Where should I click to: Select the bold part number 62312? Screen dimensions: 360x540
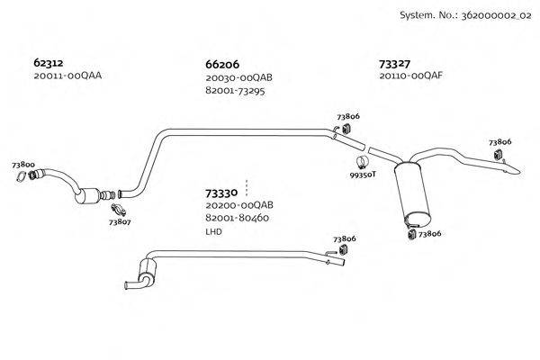click(x=49, y=63)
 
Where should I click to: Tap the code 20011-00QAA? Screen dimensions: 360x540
click(x=67, y=76)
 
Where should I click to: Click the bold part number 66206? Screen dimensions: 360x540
click(x=222, y=65)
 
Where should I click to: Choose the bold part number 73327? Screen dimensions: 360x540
click(x=395, y=64)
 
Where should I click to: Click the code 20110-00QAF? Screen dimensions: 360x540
click(x=411, y=76)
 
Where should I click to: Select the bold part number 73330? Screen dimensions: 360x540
click(x=220, y=193)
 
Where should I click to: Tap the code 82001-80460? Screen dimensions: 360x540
click(x=238, y=218)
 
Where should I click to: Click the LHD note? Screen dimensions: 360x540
click(x=213, y=231)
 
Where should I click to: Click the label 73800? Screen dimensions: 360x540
click(x=23, y=165)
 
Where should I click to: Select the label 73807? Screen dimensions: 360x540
click(x=120, y=220)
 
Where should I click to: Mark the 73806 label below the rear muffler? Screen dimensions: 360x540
click(x=428, y=234)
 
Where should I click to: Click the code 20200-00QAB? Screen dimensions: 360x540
click(x=238, y=205)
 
